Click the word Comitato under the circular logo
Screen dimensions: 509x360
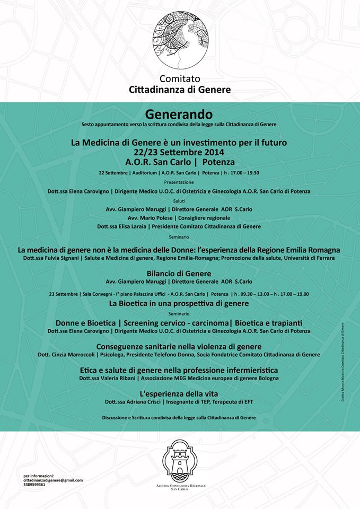click(180, 78)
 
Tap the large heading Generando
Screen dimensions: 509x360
click(179, 114)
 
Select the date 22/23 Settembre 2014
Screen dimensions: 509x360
click(180, 152)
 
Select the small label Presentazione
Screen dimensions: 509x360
click(179, 182)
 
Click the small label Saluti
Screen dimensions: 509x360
click(179, 200)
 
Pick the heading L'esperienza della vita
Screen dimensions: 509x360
click(179, 394)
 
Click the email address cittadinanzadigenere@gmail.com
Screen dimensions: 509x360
click(53, 480)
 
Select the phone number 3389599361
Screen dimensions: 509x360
click(34, 485)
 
